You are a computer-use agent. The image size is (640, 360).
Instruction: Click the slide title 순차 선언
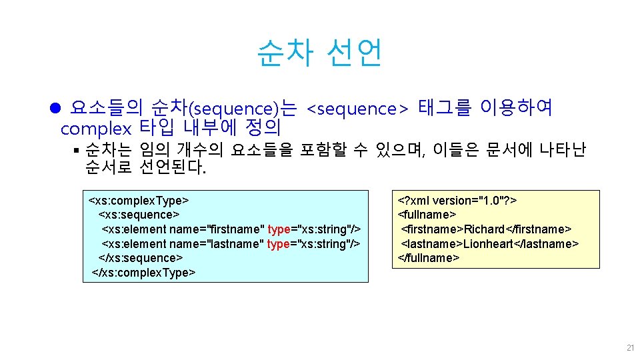click(x=319, y=53)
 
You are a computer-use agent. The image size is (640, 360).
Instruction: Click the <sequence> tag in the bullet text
click(x=357, y=108)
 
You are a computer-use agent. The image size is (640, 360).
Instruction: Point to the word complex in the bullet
click(x=96, y=127)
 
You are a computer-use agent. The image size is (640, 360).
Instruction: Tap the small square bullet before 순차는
click(x=77, y=150)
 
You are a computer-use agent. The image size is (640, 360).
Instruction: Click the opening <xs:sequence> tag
click(x=139, y=215)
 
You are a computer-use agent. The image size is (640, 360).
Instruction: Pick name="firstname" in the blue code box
click(x=217, y=229)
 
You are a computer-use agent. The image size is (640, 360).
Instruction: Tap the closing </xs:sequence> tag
click(x=141, y=258)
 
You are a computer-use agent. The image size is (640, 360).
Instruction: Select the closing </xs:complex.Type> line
click(x=143, y=273)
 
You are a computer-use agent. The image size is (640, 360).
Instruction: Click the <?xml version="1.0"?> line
click(x=458, y=201)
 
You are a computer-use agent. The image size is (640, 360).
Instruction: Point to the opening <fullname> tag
click(x=427, y=215)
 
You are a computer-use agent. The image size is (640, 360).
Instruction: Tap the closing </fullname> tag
click(x=429, y=258)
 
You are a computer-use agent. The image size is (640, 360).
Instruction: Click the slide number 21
click(x=630, y=348)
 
